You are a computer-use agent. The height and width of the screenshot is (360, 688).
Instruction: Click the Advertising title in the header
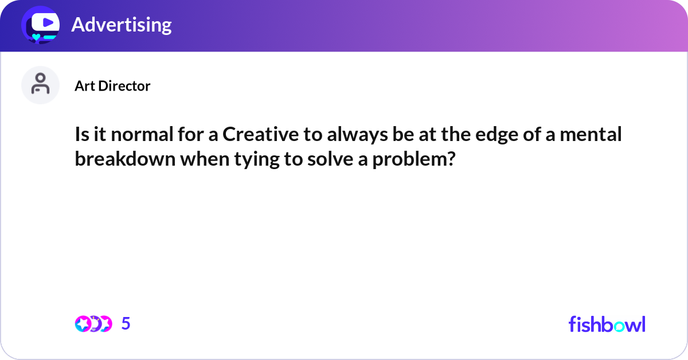pyautogui.click(x=121, y=25)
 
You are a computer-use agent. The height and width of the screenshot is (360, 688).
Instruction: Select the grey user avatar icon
pyautogui.click(x=40, y=85)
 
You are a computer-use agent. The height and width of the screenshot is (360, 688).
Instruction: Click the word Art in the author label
pyautogui.click(x=84, y=86)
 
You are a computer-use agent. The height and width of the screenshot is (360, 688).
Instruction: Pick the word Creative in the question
pyautogui.click(x=259, y=135)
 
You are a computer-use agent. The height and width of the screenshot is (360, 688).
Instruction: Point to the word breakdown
pyautogui.click(x=125, y=159)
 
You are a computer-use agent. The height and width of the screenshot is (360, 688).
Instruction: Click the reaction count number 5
pyautogui.click(x=126, y=324)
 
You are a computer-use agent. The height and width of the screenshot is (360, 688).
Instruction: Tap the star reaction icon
pyautogui.click(x=83, y=324)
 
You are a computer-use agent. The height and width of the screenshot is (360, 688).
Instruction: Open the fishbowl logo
pyautogui.click(x=607, y=324)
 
